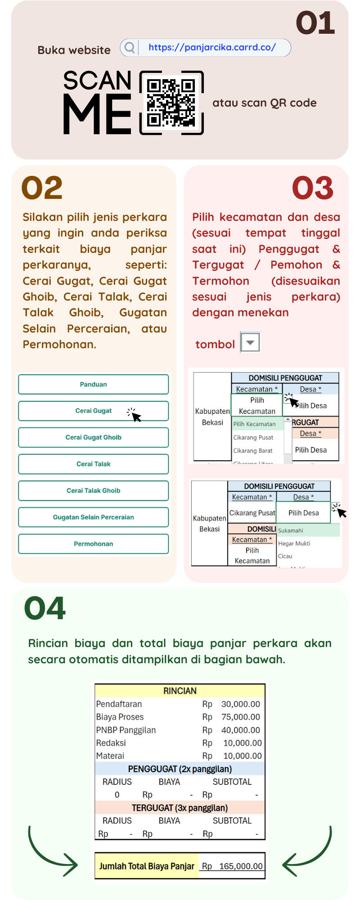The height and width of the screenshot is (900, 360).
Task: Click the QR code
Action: (x=171, y=103)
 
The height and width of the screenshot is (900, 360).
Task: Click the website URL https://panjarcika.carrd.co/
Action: (x=212, y=47)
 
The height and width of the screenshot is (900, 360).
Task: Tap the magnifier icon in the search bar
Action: (x=130, y=47)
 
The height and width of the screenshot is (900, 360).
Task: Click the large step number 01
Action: (x=315, y=23)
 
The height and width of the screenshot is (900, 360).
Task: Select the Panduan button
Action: (x=94, y=384)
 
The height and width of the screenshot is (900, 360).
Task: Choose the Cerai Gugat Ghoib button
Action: (x=94, y=437)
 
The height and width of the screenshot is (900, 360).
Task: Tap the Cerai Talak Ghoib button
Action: (x=94, y=490)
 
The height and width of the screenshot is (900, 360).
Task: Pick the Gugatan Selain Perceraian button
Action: (x=94, y=517)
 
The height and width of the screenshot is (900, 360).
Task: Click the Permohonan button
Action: (x=94, y=544)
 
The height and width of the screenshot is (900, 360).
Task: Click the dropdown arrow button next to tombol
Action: (x=250, y=342)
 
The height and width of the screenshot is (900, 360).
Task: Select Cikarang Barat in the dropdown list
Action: (x=253, y=450)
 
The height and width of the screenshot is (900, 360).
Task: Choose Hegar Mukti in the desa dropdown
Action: (x=294, y=544)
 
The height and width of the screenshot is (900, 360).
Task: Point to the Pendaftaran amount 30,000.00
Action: (x=240, y=704)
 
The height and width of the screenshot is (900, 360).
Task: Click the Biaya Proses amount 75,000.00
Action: (x=240, y=717)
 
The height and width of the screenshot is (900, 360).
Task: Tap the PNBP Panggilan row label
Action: (x=126, y=730)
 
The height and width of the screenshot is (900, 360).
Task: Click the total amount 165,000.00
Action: (x=240, y=866)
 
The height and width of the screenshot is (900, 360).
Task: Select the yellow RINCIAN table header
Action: (x=180, y=691)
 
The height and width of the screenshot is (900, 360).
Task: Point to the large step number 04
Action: (x=45, y=608)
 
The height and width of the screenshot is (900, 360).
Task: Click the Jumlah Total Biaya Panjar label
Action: (x=147, y=866)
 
